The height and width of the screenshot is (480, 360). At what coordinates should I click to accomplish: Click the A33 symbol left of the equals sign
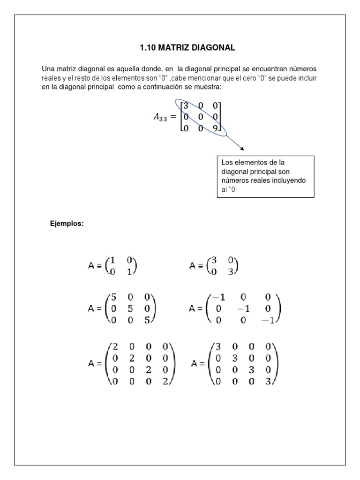160,118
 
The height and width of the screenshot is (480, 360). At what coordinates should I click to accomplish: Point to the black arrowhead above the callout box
242,149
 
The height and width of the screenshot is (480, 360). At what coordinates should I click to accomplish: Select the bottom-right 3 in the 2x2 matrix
230,270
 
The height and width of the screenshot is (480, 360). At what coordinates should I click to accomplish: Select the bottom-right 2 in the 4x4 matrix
165,382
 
